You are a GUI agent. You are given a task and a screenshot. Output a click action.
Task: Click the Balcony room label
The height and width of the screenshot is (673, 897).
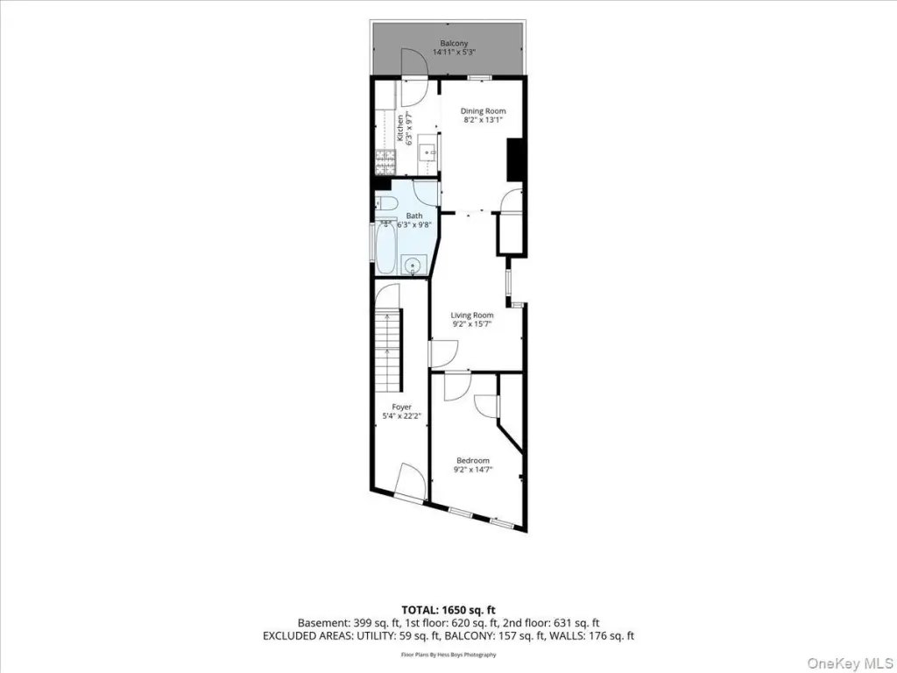[454, 44]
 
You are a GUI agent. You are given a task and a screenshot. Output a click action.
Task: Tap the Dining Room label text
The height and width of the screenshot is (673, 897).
[483, 111]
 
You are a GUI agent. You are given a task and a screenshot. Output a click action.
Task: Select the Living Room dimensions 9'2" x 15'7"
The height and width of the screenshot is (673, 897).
[472, 324]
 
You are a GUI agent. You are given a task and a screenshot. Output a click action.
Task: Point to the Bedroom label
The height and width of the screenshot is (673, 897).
[472, 461]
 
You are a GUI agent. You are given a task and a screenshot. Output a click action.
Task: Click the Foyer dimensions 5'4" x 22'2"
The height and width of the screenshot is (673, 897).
[401, 416]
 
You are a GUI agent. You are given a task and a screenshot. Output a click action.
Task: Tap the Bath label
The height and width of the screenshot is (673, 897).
[414, 216]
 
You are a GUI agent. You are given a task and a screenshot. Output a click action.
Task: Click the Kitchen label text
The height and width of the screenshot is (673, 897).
[400, 129]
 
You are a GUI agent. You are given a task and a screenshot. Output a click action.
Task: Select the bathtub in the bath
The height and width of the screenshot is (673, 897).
[385, 247]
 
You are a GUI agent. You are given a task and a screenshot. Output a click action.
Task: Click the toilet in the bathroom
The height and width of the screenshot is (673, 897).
[387, 202]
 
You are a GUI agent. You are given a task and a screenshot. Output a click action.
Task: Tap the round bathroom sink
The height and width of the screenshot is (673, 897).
[413, 265]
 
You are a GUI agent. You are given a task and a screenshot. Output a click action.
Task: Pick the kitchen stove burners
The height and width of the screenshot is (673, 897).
[385, 162]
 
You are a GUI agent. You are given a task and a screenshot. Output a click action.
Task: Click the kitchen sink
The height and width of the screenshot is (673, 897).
[427, 152]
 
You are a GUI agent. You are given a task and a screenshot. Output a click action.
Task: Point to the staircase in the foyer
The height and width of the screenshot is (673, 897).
[388, 349]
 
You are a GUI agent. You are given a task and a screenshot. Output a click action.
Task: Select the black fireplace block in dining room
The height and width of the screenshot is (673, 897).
[515, 161]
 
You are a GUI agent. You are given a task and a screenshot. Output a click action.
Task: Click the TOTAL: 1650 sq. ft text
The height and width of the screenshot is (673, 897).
[448, 610]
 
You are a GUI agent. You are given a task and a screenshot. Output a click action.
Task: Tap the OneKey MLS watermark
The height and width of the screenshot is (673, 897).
[847, 662]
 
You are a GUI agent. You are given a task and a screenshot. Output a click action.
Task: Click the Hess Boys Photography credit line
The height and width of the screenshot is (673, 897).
[448, 655]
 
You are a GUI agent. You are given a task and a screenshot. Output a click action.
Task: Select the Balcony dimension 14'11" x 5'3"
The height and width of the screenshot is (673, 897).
[455, 52]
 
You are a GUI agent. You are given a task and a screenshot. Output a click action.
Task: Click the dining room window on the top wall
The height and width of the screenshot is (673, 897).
[479, 77]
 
